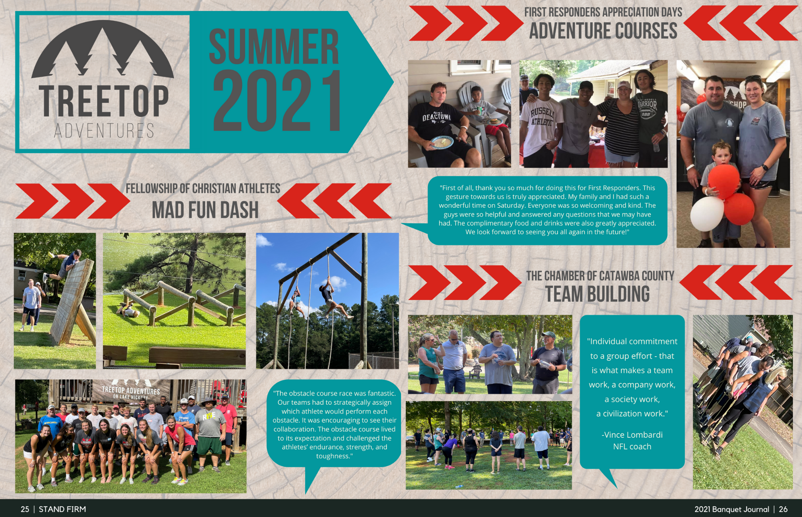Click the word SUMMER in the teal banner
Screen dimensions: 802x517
pos(274,46)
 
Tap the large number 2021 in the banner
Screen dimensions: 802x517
pos(277,101)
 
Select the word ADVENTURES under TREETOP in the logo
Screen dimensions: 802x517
pos(104,131)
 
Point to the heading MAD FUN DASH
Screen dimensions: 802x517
pos(205,210)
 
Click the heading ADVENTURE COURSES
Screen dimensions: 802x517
pos(603,31)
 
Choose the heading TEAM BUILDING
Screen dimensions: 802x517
pos(597,294)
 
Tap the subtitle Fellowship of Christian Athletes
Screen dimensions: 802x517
pos(203,188)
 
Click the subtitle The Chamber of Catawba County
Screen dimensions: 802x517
pos(600,276)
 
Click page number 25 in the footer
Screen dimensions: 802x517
pos(25,509)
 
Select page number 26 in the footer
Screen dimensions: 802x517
pos(783,509)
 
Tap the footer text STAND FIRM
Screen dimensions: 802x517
pos(62,509)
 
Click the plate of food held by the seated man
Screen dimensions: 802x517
pos(442,142)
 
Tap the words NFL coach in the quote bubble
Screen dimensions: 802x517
pos(632,446)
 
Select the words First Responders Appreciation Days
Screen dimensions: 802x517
pos(603,12)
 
